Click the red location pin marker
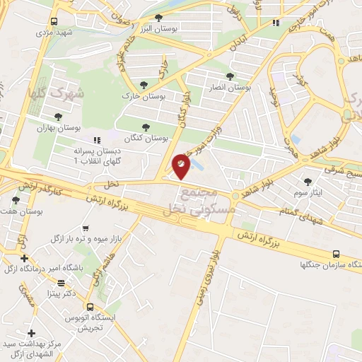(182, 165)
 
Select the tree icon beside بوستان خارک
(144, 83)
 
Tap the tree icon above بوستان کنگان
(146, 127)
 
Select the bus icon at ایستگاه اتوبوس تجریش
(89, 307)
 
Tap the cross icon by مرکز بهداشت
(31, 333)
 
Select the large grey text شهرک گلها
(57, 93)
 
